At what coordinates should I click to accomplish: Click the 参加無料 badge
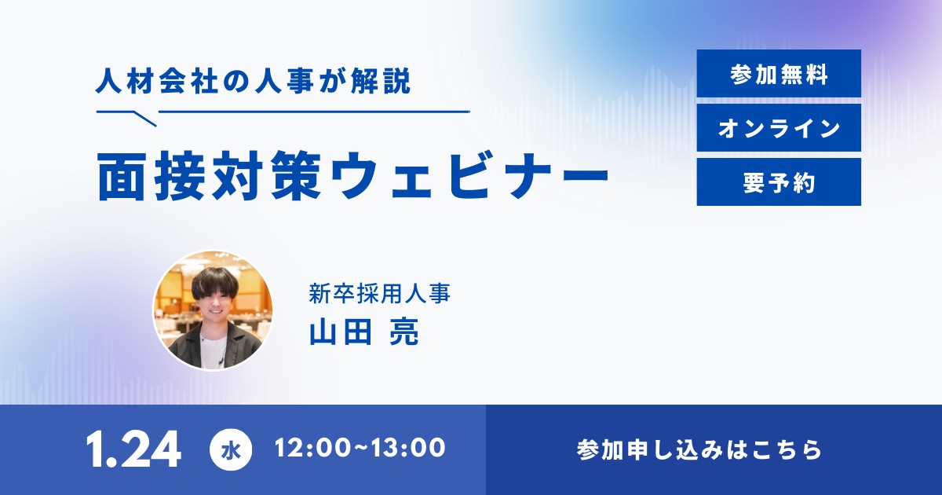(x=779, y=74)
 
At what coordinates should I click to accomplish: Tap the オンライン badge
(x=779, y=128)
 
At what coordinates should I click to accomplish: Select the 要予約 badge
(x=779, y=181)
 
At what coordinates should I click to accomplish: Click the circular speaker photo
(x=213, y=310)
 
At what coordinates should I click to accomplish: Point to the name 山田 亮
(x=364, y=332)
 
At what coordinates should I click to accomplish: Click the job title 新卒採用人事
(x=380, y=293)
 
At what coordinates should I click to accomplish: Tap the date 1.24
(x=133, y=449)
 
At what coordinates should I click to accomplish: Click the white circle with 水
(x=231, y=449)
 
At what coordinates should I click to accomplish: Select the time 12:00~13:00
(x=360, y=447)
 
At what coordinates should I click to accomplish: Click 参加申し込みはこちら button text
(x=699, y=449)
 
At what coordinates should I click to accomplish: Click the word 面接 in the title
(x=152, y=176)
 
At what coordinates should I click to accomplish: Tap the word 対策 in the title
(x=268, y=176)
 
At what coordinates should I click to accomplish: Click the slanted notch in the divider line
(x=144, y=119)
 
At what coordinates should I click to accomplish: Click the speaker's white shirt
(x=213, y=351)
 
